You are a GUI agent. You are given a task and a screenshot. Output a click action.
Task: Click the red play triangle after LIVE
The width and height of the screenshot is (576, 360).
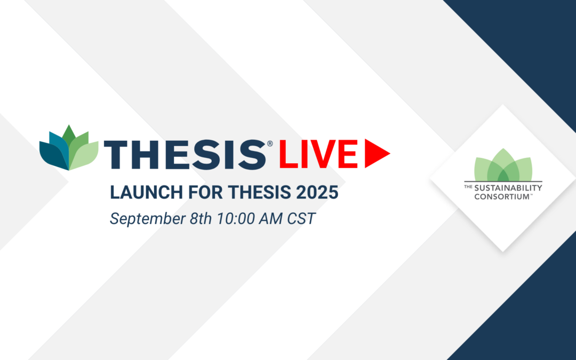375,154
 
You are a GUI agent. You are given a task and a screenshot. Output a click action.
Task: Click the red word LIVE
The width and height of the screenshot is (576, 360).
318,154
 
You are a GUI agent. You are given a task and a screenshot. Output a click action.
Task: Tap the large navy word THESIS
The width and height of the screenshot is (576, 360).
185,154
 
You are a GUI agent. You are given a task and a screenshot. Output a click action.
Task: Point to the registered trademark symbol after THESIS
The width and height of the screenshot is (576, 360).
270,143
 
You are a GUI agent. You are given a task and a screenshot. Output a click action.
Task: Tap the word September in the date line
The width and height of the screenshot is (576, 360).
147,219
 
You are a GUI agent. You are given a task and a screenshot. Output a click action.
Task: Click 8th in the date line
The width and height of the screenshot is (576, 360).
201,219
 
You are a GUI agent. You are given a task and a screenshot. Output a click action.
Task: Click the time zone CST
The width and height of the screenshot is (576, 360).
301,219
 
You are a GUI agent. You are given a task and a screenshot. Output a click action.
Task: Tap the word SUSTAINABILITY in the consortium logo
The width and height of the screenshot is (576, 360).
508,188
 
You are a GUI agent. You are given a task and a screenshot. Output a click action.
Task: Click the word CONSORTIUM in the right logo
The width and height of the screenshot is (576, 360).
502,196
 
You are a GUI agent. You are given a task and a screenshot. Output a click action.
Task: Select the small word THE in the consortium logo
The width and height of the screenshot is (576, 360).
468,187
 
